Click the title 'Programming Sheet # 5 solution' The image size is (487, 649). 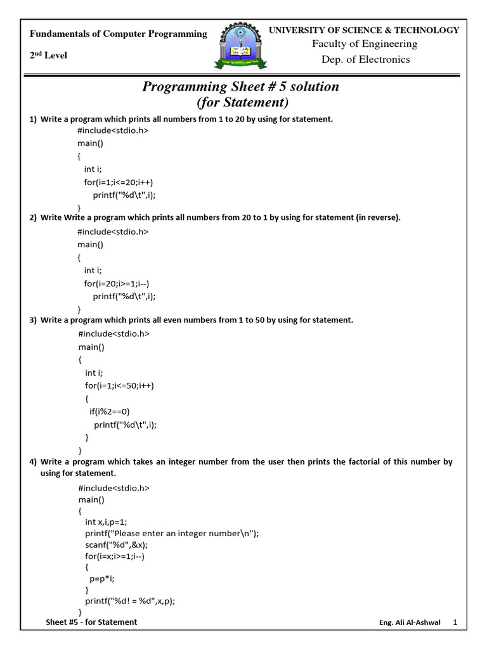(x=241, y=87)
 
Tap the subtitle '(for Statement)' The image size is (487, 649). (x=241, y=103)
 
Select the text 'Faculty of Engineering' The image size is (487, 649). (x=364, y=44)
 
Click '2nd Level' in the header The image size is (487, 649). (x=48, y=56)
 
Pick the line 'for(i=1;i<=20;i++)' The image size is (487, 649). (x=119, y=182)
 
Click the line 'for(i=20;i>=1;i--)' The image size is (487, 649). (x=119, y=283)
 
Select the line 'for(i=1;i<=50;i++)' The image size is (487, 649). (x=120, y=385)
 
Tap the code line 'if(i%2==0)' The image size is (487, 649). (x=109, y=411)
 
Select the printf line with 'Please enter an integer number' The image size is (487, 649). (x=171, y=533)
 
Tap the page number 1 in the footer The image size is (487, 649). (x=455, y=622)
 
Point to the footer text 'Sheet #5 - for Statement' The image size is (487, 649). (x=91, y=622)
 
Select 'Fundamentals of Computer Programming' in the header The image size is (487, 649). (x=118, y=34)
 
